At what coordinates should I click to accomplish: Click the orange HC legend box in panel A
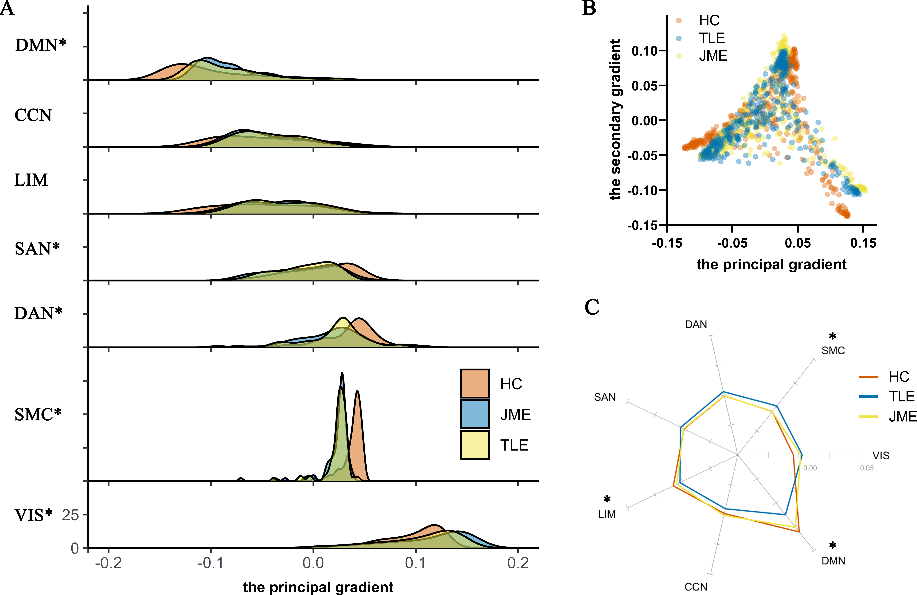click(x=475, y=383)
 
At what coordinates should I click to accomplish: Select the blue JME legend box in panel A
click(x=475, y=414)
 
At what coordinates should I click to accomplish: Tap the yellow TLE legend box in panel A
click(x=475, y=445)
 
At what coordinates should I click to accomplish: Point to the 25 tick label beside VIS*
click(x=70, y=515)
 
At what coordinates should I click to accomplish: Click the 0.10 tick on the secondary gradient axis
click(x=644, y=50)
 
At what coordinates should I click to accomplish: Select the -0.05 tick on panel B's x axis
click(x=732, y=243)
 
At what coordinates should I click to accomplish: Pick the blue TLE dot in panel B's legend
click(x=679, y=38)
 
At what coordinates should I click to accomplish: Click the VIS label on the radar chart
click(x=881, y=455)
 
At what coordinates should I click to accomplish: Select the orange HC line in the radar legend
click(x=868, y=377)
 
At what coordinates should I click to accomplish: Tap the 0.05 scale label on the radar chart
click(x=867, y=468)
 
